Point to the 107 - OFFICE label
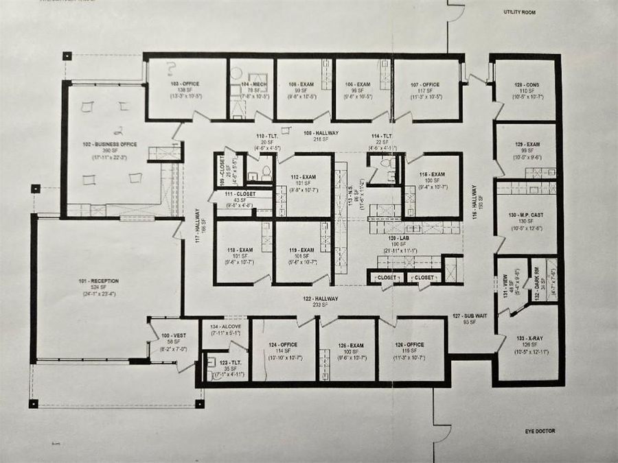point(426,84)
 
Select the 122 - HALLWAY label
point(321,299)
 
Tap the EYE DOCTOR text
point(538,431)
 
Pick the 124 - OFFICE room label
point(282,345)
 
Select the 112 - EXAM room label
point(302,175)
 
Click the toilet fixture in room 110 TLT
point(266,172)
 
